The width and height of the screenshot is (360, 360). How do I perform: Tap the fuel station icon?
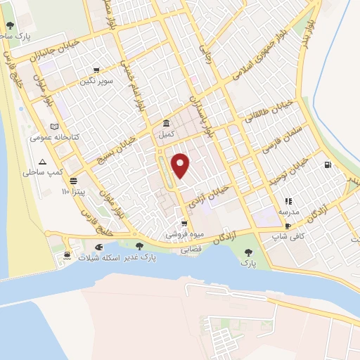pyautogui.click(x=327, y=165)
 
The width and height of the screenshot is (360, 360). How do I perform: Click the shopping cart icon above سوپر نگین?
pyautogui.click(x=96, y=70)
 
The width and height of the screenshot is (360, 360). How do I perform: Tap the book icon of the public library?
pyautogui.click(x=56, y=125)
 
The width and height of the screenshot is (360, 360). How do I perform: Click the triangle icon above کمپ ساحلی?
pyautogui.click(x=42, y=162)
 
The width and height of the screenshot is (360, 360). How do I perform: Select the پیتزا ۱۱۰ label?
pyautogui.click(x=75, y=191)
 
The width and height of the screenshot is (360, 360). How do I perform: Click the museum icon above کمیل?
pyautogui.click(x=166, y=122)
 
